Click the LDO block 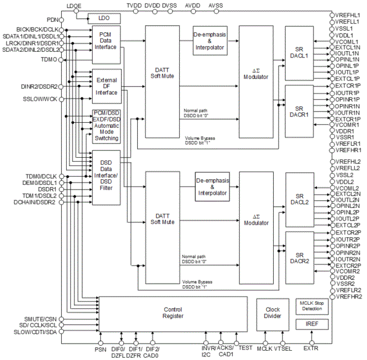point(104,18)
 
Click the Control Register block point(173,313)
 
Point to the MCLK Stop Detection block point(312,305)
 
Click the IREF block point(312,324)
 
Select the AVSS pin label point(215,5)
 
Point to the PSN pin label point(100,348)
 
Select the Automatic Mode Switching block point(106,126)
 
